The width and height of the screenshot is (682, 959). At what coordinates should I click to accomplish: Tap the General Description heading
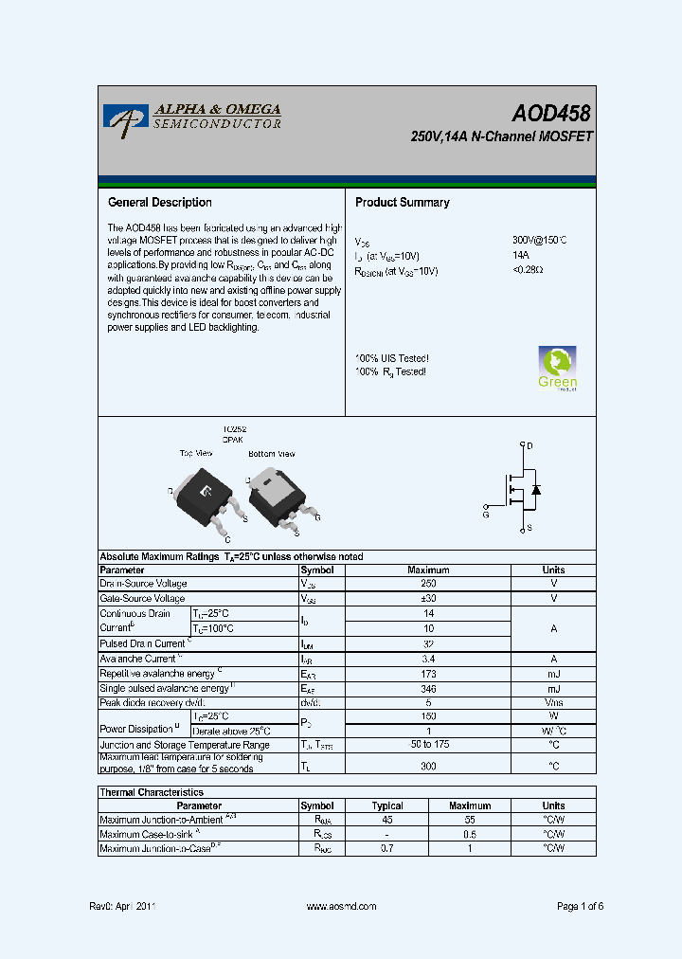[160, 203]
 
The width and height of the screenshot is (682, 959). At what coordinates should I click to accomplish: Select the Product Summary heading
[402, 203]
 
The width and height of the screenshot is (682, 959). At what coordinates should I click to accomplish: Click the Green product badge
[558, 369]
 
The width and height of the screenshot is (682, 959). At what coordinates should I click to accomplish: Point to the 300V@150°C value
[539, 242]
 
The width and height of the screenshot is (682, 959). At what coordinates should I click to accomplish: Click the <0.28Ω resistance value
[528, 271]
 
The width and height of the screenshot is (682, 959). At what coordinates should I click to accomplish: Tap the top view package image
[204, 492]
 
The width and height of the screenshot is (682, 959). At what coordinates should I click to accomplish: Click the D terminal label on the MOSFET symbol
[529, 445]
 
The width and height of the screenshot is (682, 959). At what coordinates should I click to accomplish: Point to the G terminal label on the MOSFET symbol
[485, 515]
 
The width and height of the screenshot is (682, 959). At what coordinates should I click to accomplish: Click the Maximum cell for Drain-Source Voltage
[428, 585]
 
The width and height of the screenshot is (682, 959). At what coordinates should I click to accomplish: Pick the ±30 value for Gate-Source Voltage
[428, 600]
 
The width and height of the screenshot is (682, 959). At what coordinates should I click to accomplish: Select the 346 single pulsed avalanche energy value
[428, 688]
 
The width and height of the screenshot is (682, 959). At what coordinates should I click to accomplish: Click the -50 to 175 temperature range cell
[428, 746]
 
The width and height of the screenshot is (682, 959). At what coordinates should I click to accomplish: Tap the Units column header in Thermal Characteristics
[553, 806]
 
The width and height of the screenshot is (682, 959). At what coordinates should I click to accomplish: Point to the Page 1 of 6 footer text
[580, 907]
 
